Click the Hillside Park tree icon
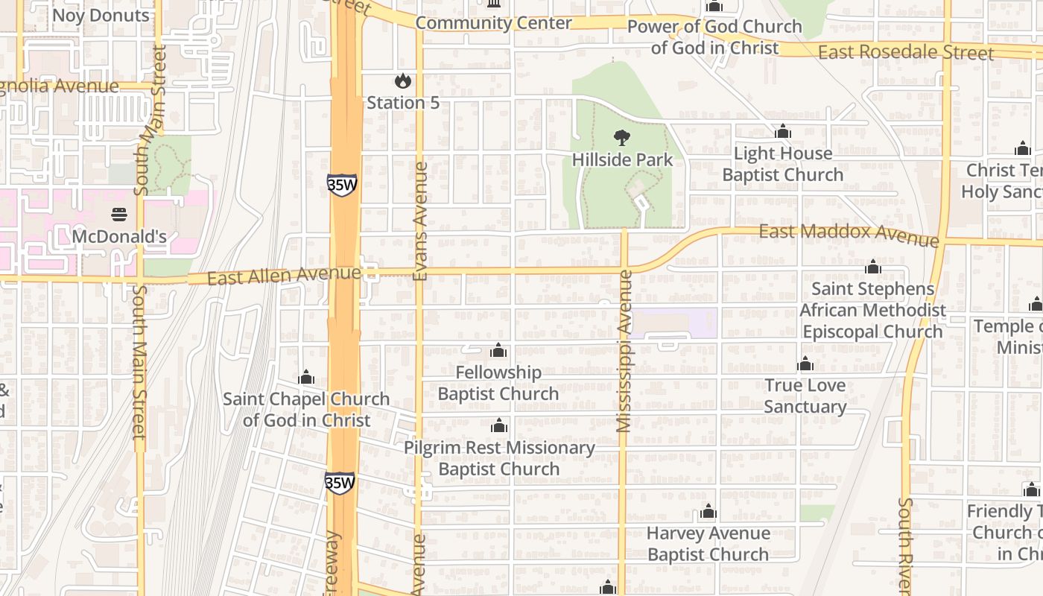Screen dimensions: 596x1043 621,138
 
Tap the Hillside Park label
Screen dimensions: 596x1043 622,159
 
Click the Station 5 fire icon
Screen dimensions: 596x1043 403,80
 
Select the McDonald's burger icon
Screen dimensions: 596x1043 119,215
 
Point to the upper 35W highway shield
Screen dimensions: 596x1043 341,185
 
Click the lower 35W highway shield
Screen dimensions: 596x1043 340,482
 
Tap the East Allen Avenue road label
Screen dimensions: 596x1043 284,276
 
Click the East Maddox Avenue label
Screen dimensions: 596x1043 849,235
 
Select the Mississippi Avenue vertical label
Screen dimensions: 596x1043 624,351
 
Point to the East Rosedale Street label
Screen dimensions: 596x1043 905,53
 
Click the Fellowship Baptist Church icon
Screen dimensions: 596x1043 498,350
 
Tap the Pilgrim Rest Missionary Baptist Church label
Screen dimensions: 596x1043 499,458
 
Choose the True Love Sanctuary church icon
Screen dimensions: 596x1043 805,364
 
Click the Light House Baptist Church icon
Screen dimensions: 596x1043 782,132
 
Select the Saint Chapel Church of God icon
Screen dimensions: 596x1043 306,377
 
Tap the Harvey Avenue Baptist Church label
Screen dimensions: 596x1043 708,544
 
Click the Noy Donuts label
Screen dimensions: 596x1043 101,16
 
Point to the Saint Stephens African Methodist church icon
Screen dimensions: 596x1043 873,267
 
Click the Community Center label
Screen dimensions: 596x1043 493,23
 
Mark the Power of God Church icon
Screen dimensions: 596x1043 714,7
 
